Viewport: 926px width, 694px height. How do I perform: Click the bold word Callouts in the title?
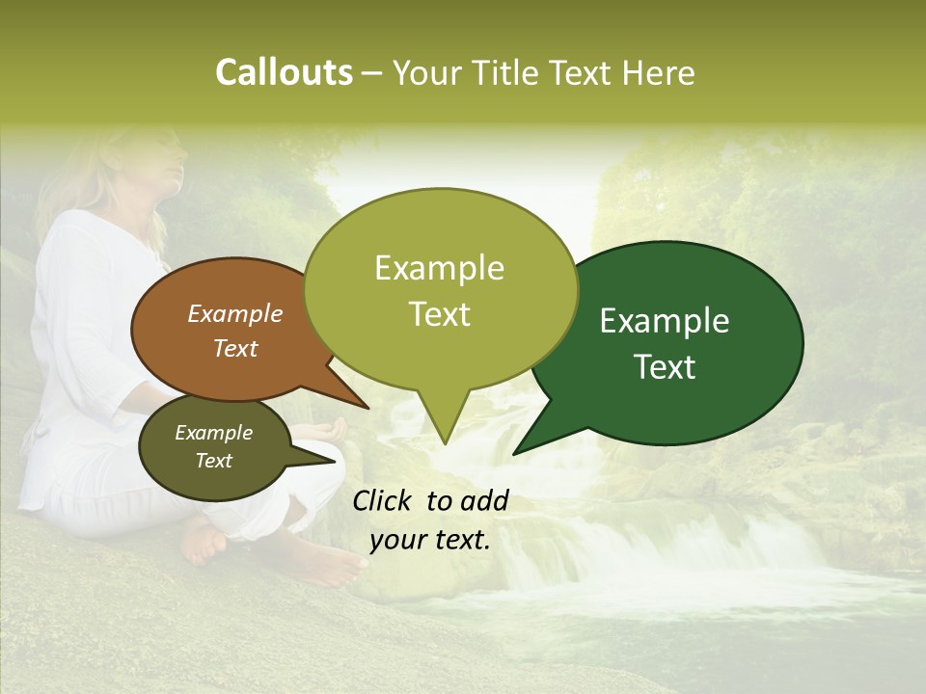[284, 72]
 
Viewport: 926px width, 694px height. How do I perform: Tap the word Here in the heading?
[659, 72]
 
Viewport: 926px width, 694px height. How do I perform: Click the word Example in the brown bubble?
[235, 313]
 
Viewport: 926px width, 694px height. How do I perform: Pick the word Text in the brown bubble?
[235, 348]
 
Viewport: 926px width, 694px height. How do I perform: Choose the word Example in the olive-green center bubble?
[439, 268]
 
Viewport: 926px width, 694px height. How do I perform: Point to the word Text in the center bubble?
[440, 314]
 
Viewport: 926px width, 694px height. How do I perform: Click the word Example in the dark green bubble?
[665, 321]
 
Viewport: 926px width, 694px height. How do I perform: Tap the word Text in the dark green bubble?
[666, 367]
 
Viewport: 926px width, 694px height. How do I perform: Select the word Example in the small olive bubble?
[213, 433]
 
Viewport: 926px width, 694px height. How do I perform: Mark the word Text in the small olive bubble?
[214, 461]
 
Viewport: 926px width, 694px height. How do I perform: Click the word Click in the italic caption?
[384, 500]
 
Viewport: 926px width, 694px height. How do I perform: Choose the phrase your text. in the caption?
[430, 541]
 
